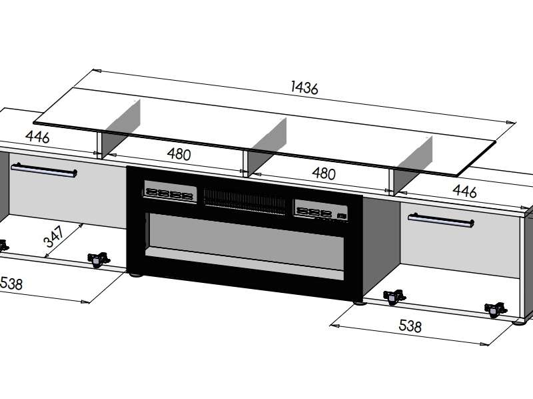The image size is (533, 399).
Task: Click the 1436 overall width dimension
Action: [304, 87]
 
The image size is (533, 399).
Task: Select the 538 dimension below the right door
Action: [410, 327]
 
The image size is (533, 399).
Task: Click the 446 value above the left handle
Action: [38, 137]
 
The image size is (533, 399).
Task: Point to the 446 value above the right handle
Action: [464, 191]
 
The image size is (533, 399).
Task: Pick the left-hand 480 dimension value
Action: [179, 155]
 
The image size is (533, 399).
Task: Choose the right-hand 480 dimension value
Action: [323, 173]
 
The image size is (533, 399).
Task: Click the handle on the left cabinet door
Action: [44, 171]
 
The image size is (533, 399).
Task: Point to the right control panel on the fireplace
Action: [321, 210]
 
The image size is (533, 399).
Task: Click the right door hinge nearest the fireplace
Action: [394, 296]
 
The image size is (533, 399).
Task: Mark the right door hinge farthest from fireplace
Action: [494, 309]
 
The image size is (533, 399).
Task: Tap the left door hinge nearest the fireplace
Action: [98, 258]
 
